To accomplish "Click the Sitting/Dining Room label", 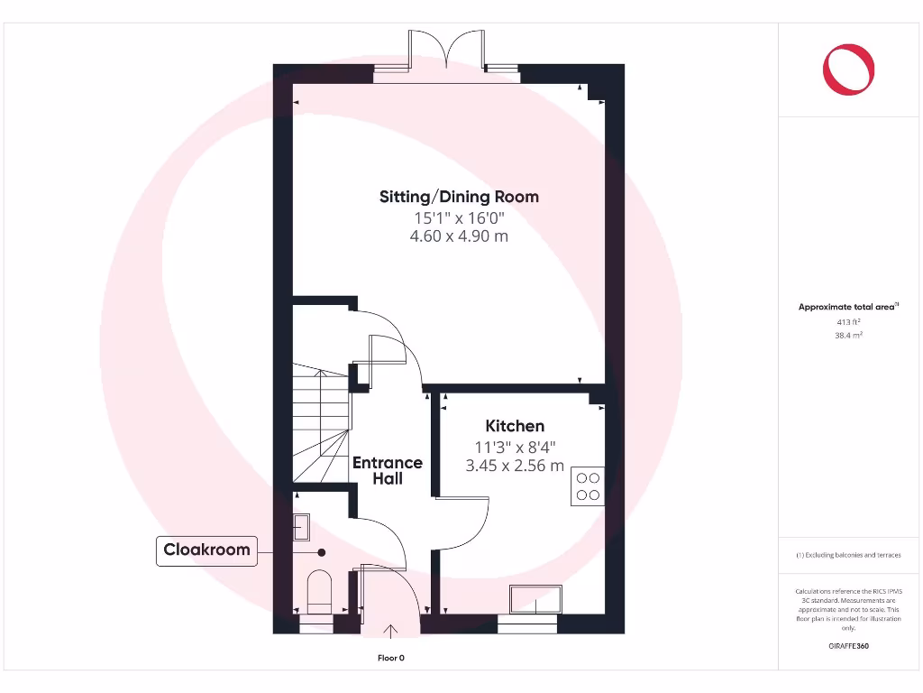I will [459, 197].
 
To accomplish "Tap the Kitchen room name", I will [515, 426].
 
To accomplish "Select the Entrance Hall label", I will [388, 470].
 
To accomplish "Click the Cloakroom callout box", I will [207, 550].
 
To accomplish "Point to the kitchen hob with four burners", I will [589, 487].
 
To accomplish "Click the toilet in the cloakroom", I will [320, 591].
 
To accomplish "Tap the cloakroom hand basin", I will [302, 527].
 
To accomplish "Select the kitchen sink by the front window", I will [535, 599].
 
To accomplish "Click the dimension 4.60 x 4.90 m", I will [459, 236].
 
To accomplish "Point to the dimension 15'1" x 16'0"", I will [459, 217].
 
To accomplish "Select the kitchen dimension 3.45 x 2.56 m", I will [515, 466].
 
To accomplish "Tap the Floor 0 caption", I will [391, 658].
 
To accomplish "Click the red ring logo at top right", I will [848, 69].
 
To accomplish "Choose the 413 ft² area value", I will [849, 321].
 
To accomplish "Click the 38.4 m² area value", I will [849, 335].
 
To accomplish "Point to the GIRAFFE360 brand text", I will [849, 646].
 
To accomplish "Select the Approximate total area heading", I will [847, 308].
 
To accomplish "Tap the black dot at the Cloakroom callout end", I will [320, 551].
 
